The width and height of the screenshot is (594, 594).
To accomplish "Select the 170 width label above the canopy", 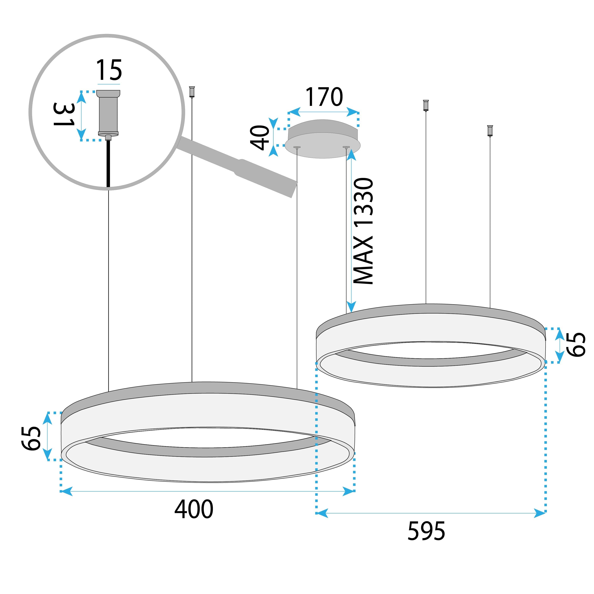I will (324, 97).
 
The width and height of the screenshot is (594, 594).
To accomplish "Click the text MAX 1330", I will (363, 231).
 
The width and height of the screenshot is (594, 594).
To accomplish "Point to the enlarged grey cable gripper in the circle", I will (108, 113).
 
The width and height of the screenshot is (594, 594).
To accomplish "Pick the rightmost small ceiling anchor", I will (490, 130).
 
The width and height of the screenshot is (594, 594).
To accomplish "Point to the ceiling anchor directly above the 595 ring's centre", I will (426, 105).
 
